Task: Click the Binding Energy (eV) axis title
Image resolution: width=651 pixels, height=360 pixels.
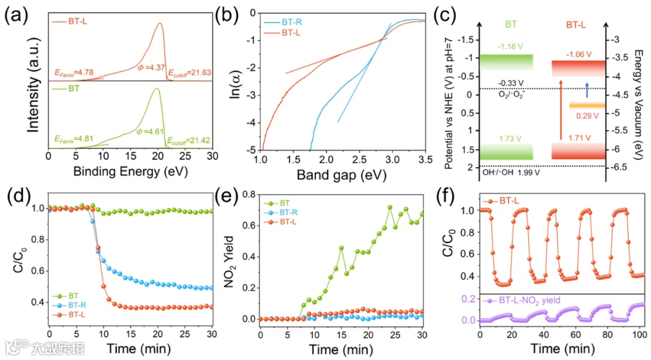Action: click(130, 171)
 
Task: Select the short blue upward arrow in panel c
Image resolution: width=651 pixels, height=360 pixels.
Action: click(587, 90)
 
